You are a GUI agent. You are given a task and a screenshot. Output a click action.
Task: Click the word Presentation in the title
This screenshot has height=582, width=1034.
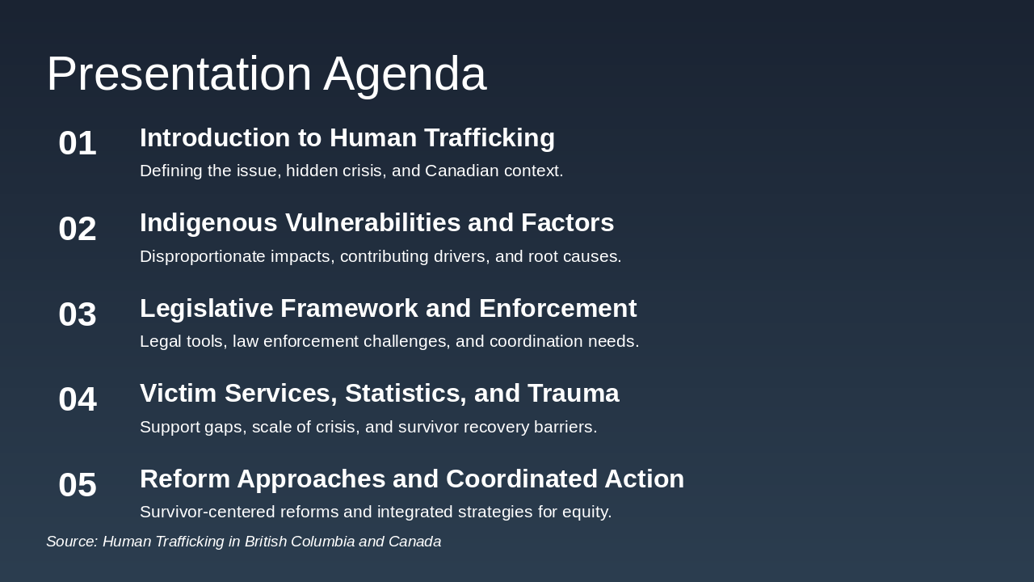click(x=179, y=74)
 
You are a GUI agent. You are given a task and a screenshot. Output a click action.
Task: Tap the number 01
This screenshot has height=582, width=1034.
click(x=78, y=143)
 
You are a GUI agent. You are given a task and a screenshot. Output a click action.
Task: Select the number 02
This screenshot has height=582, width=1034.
click(x=78, y=229)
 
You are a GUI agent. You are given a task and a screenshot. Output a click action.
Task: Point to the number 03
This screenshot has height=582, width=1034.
click(x=78, y=314)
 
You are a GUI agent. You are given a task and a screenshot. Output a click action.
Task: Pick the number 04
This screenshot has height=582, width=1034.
click(x=78, y=399)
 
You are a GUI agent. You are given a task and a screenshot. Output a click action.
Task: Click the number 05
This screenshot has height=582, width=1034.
click(x=78, y=484)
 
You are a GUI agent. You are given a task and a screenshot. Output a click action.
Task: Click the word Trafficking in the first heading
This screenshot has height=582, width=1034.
click(x=490, y=138)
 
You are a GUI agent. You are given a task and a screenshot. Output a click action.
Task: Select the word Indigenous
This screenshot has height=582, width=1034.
click(x=208, y=224)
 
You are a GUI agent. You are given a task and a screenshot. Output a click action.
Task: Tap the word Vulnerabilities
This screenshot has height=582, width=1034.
click(x=373, y=222)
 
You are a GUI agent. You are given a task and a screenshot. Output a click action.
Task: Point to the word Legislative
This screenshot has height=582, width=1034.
click(x=206, y=309)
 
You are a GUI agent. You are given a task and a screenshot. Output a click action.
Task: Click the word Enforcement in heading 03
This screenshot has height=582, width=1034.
click(x=557, y=308)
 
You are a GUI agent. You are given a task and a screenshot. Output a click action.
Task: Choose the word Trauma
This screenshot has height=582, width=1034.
click(x=573, y=394)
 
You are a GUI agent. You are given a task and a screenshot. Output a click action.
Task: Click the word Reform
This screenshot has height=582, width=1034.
click(x=185, y=479)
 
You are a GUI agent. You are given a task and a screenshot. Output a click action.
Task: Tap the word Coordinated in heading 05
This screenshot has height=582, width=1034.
click(x=522, y=479)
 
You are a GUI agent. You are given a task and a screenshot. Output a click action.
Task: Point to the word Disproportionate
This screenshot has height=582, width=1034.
click(x=203, y=257)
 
